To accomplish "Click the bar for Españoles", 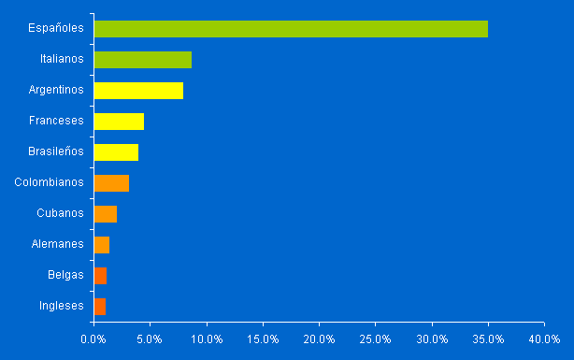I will [291, 29].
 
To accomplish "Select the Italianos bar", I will [143, 60].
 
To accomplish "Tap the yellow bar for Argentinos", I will [138, 91].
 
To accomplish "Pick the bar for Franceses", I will [119, 122].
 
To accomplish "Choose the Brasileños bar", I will [116, 152].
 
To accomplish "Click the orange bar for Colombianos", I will [111, 183].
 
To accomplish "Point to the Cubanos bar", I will [106, 214].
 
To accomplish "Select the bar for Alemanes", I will [102, 245].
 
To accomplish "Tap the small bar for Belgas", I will [100, 276].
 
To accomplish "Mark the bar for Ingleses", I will [100, 307].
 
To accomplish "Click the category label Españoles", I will [56, 28].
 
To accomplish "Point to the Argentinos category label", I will [56, 90].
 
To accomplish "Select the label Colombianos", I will [50, 182].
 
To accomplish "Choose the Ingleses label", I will [62, 306].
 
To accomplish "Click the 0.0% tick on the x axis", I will [93, 338].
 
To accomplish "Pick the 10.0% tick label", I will [207, 338].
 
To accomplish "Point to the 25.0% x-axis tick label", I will [376, 338].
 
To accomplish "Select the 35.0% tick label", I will [488, 338].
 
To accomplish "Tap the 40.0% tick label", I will [545, 338].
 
